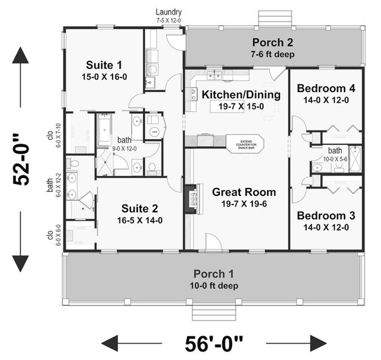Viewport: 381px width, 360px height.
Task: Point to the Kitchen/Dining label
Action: [x=241, y=95]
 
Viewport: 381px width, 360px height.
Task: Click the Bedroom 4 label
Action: [x=321, y=89]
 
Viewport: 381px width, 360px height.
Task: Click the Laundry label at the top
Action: [x=169, y=12]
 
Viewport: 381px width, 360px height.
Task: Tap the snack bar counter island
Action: [x=245, y=143]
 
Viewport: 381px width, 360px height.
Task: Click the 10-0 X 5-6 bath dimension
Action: [x=335, y=159]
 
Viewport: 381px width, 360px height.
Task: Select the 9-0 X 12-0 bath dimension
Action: [x=125, y=149]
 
